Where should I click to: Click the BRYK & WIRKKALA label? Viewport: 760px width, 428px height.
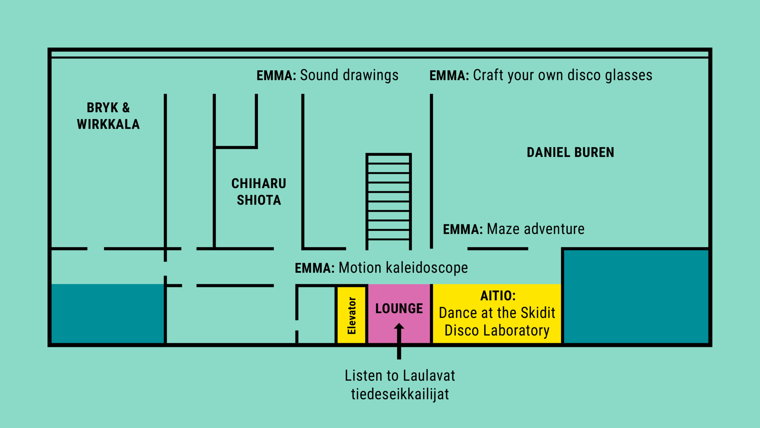(108, 116)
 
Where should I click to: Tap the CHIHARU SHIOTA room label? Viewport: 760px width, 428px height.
(259, 192)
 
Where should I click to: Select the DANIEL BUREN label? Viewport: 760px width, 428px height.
(570, 152)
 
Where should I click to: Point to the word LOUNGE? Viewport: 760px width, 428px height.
(399, 309)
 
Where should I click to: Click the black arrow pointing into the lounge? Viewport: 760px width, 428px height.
(399, 341)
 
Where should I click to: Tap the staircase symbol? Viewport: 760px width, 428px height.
(389, 202)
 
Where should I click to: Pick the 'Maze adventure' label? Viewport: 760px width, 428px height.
(536, 229)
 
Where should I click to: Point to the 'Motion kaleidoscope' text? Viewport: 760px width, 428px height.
(403, 268)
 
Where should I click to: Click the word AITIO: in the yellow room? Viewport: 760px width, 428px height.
(498, 296)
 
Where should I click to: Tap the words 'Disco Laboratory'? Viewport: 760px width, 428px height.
(497, 331)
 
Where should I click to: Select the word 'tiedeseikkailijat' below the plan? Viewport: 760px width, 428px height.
(400, 394)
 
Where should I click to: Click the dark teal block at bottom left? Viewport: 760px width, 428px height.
(108, 314)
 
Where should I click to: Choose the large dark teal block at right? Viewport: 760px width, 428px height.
(636, 297)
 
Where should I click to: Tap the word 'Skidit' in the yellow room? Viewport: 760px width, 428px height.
(538, 313)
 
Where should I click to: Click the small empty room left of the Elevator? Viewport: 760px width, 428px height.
(316, 315)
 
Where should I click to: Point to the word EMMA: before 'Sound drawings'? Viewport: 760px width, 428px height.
(276, 75)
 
